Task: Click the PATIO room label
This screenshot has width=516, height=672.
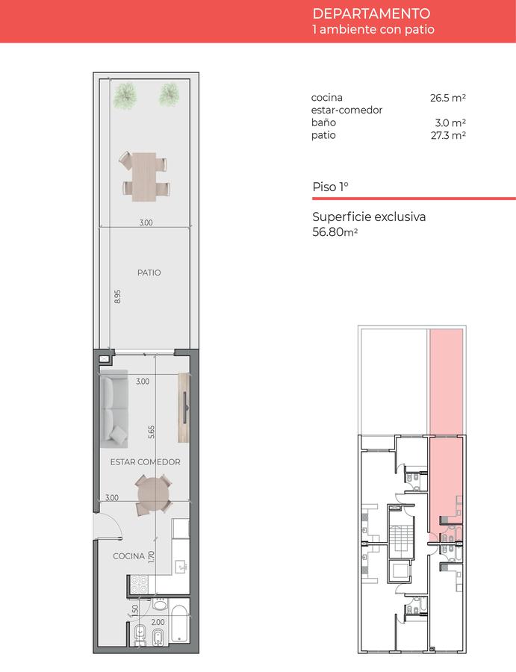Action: pos(149,273)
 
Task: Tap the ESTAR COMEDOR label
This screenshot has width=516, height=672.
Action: pos(146,462)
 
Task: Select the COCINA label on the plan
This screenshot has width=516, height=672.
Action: pos(128,556)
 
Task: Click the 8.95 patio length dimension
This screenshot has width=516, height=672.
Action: pos(117,296)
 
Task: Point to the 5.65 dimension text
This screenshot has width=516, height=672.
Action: pos(152,432)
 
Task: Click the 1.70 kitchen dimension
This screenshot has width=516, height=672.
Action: pos(151,557)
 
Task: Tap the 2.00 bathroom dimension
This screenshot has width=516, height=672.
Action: pos(158,622)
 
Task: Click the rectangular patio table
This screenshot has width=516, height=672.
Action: pos(145,176)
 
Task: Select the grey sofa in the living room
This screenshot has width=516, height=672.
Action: pos(114,409)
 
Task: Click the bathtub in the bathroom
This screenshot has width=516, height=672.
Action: pos(179,624)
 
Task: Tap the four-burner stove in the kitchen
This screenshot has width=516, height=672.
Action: pos(138,585)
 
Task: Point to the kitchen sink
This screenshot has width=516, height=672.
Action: pos(181,567)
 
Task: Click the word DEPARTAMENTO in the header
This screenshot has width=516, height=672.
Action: pos(371,13)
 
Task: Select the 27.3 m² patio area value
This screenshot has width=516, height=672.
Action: pos(448,135)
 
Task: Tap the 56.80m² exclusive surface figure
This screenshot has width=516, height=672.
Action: pos(335,232)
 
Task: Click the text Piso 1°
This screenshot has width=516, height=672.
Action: pos(330,187)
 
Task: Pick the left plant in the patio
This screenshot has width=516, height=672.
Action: pos(125,95)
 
